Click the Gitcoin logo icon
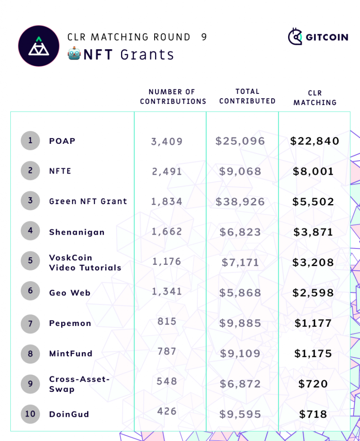[x=296, y=37]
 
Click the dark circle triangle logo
[x=39, y=46]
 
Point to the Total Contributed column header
[x=247, y=96]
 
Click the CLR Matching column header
[x=315, y=98]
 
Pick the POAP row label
[x=62, y=141]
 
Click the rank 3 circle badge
[x=30, y=201]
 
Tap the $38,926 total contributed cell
[x=240, y=202]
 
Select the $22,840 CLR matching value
[x=315, y=141]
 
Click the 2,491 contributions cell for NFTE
[x=167, y=171]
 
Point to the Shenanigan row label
[x=77, y=232]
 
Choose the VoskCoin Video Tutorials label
[x=85, y=262]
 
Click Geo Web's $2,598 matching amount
[x=313, y=293]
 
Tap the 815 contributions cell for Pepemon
[x=167, y=321]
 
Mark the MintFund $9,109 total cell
[x=240, y=354]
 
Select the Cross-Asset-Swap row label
[x=79, y=384]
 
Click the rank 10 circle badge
[x=30, y=414]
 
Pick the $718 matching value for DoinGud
[x=313, y=414]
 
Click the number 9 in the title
[x=204, y=37]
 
